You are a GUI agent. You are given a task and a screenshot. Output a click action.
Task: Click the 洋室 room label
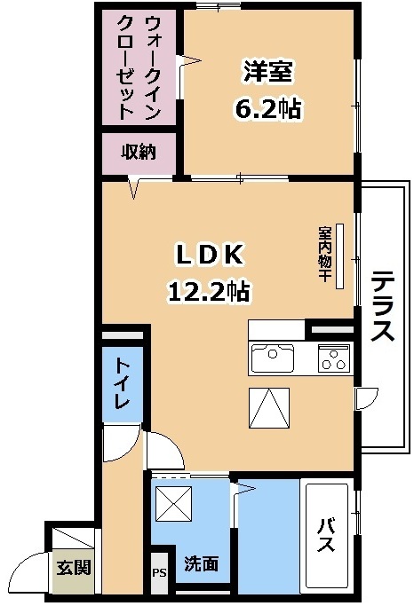point(267,71)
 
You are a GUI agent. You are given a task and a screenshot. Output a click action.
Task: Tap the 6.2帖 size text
point(267,108)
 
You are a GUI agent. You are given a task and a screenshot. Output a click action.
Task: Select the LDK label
point(210,255)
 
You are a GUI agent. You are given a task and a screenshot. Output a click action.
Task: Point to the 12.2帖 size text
point(209,291)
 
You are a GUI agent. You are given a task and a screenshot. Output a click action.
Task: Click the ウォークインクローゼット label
point(139,67)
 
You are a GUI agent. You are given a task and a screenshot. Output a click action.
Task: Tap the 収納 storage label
point(139,152)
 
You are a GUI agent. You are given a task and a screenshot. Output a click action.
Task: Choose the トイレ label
point(123,384)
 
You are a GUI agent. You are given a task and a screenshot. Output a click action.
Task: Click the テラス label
point(382,306)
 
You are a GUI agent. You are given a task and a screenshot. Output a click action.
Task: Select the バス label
point(326,535)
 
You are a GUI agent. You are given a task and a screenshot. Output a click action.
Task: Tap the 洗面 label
point(201,564)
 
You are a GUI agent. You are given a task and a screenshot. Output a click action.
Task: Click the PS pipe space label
point(159,572)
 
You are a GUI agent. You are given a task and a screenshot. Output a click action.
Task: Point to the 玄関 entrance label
point(74,568)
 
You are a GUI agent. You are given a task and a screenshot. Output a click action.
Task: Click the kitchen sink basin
point(273,358)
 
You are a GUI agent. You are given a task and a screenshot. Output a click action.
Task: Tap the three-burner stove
point(334,358)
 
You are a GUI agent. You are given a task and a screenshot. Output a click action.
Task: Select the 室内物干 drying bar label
point(324,255)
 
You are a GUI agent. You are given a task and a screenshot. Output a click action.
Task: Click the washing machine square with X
point(173,503)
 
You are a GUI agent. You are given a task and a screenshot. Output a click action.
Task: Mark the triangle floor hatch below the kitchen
point(269,408)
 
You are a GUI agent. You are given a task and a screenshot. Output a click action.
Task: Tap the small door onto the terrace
point(366,398)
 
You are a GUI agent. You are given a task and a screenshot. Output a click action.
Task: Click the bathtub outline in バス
point(327,536)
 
